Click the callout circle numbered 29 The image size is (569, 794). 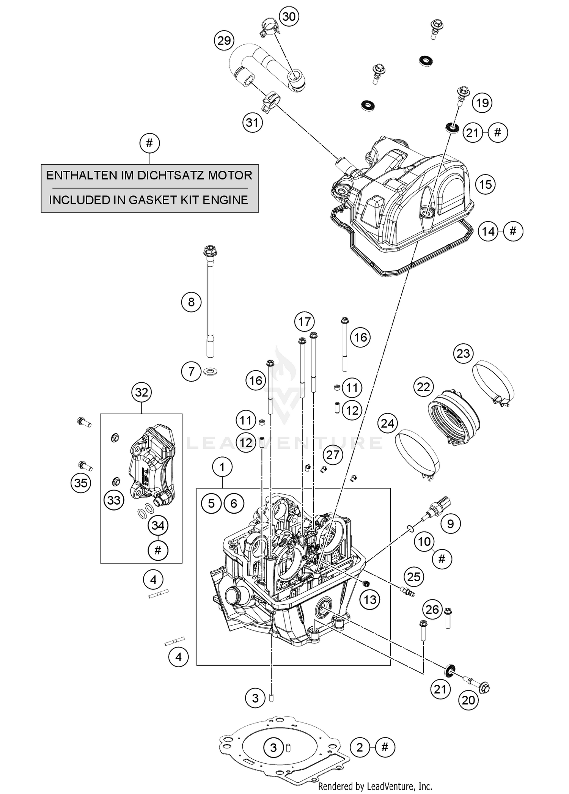coord(224,40)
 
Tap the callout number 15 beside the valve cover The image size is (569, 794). coord(486,185)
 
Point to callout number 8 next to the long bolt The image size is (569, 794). coord(191,302)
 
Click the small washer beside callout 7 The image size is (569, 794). coord(210,370)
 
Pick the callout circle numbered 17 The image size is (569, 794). coord(304,322)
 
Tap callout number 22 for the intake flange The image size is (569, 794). coord(423,387)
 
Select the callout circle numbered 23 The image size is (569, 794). coord(463,354)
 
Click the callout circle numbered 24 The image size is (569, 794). coord(387,423)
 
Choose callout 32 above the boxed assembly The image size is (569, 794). coord(141,392)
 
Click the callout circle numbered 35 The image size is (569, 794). coord(81,483)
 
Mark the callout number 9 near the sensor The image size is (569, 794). coord(450,524)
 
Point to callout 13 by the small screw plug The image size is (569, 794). coord(370,599)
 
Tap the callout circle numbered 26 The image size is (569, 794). coord(432,610)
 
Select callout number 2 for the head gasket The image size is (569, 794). coord(360,747)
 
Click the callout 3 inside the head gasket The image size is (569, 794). coord(273,747)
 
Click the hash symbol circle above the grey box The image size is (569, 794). coord(149,143)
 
